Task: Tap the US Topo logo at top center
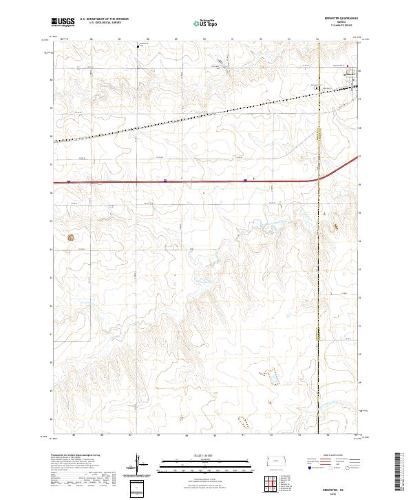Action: tap(200, 23)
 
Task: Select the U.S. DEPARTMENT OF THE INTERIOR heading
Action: tap(103, 19)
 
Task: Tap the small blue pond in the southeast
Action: tap(273, 379)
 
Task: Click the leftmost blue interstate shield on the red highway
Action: tap(69, 182)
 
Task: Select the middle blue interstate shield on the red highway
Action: tap(165, 181)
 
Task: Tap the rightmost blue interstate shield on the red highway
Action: tap(245, 181)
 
